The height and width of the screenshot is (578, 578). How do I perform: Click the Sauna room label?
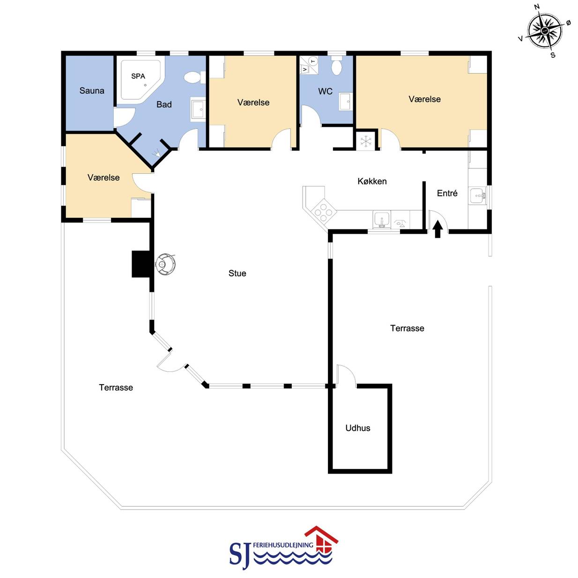tap(92, 90)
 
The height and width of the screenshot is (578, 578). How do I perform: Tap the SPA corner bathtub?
tap(141, 80)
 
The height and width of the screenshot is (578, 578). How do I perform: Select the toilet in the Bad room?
tap(195, 77)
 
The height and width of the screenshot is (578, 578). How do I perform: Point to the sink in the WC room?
tap(346, 102)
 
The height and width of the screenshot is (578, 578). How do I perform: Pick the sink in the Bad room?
tap(198, 110)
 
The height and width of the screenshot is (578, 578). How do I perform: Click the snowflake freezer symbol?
tap(366, 141)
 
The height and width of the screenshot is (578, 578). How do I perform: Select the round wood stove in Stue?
tap(165, 264)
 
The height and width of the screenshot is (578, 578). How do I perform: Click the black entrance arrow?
tap(438, 229)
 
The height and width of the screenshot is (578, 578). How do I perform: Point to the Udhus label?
tap(358, 428)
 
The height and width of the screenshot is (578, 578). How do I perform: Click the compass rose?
tap(544, 31)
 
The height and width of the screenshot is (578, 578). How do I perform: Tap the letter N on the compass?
tap(537, 7)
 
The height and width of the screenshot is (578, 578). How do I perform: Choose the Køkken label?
tap(372, 181)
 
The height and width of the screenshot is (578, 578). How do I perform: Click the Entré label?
tap(447, 193)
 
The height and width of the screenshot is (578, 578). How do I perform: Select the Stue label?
tap(237, 273)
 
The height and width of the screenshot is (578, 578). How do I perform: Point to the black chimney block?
tap(141, 264)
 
